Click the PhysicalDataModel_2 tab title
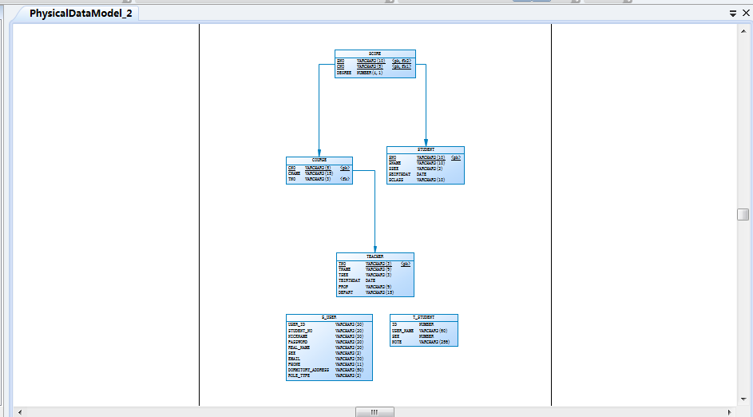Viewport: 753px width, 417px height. click(81, 14)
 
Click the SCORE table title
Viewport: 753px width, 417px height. click(375, 54)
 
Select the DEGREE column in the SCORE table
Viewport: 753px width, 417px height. click(344, 73)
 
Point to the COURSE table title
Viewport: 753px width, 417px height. click(319, 161)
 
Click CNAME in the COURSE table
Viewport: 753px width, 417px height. click(294, 173)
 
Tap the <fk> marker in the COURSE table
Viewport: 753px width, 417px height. click(345, 179)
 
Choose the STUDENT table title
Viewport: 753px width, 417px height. click(426, 149)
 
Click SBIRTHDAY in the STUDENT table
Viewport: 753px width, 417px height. click(399, 174)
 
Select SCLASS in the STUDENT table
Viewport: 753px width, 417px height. click(396, 180)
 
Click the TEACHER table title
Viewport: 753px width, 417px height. click(375, 256)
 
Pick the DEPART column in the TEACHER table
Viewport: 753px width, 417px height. click(346, 292)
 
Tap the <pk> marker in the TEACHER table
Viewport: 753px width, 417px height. click(406, 264)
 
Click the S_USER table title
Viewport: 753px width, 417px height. click(329, 317)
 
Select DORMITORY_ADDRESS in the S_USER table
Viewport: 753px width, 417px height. click(308, 370)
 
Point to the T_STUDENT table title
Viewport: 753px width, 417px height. click(423, 317)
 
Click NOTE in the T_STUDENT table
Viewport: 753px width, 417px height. click(397, 342)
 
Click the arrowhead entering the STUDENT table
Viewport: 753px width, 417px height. click(426, 142)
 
